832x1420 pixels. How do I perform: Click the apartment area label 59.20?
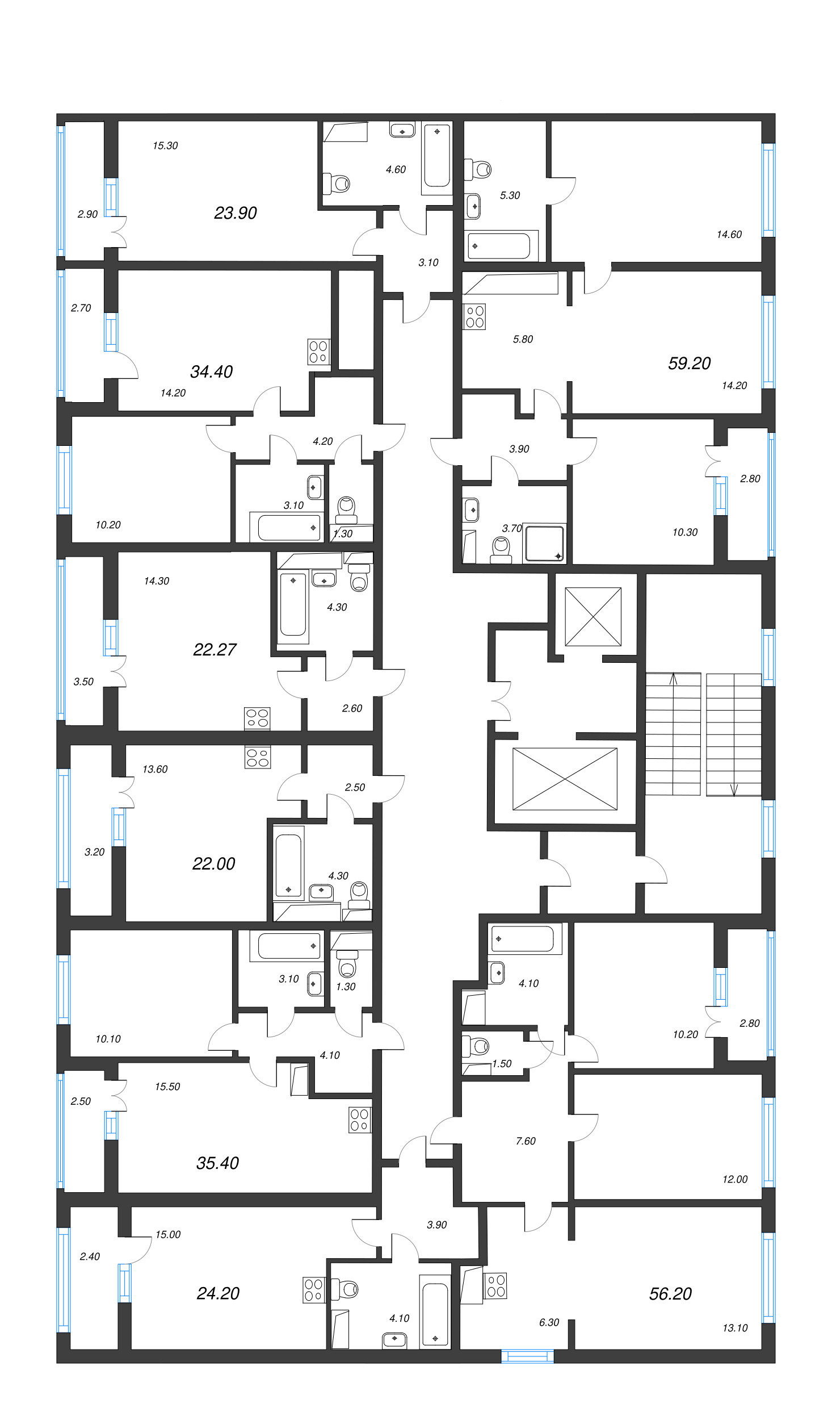point(689,363)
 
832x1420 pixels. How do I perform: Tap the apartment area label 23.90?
point(235,213)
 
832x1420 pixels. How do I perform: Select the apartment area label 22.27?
point(215,649)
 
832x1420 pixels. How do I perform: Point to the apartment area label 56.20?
point(670,1293)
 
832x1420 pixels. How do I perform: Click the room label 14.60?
point(729,234)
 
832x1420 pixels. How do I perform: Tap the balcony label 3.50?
point(83,682)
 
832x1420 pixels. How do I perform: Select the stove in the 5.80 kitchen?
point(475,317)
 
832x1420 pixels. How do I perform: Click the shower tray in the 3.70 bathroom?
point(544,543)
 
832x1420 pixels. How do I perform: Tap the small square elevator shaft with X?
point(593,616)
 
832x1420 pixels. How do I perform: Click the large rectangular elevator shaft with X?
point(565,779)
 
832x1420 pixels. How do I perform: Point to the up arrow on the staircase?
point(674,679)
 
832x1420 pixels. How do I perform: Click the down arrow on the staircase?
point(734,790)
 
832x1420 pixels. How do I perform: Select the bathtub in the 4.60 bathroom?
point(436,156)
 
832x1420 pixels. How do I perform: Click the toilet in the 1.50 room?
point(477,1046)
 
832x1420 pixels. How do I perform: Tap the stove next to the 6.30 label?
point(495,1286)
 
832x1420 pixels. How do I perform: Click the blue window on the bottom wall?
point(527,1356)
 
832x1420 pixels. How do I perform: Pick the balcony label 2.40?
point(90,1256)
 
